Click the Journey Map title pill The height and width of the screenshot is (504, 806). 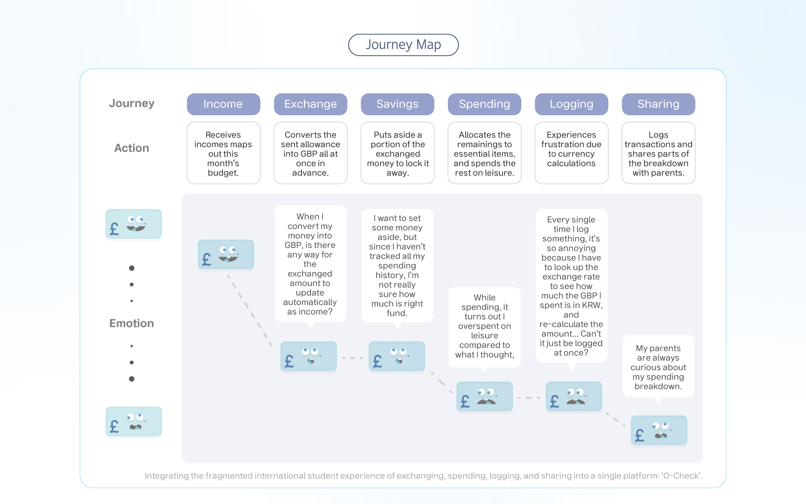[x=403, y=45]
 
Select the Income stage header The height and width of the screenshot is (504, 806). [x=223, y=104]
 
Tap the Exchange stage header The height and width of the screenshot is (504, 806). [x=310, y=104]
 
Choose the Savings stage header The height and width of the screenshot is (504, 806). [x=397, y=104]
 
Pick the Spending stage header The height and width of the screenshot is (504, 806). [x=484, y=104]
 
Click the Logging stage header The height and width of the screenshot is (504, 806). [x=571, y=104]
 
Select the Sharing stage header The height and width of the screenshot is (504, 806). [x=658, y=104]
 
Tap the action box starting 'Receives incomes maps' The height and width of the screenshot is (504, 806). [x=223, y=153]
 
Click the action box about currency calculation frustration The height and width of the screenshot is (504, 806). [x=571, y=153]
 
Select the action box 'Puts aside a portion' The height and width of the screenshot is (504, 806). [x=397, y=153]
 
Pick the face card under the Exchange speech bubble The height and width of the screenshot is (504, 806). [x=309, y=356]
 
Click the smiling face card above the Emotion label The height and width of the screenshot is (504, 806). [x=134, y=224]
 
